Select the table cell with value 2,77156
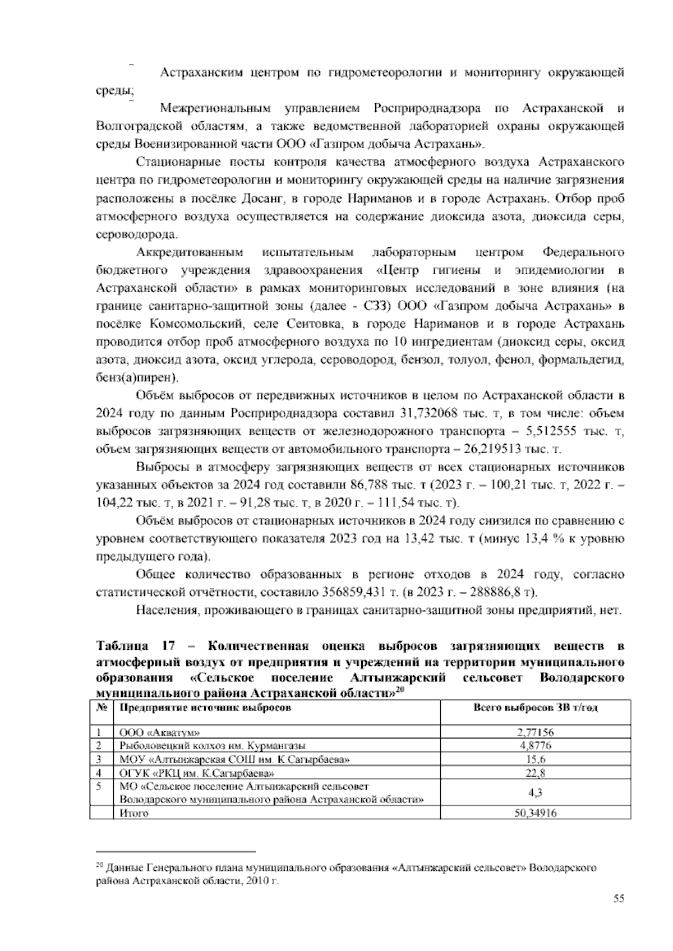[535, 732]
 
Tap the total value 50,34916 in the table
[535, 813]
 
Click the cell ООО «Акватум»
[160, 733]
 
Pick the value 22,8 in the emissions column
[535, 773]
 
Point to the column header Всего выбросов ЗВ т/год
[535, 708]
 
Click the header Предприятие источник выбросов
[205, 708]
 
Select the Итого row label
[134, 813]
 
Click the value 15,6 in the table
[535, 760]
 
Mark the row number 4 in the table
[99, 773]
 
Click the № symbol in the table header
[102, 708]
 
